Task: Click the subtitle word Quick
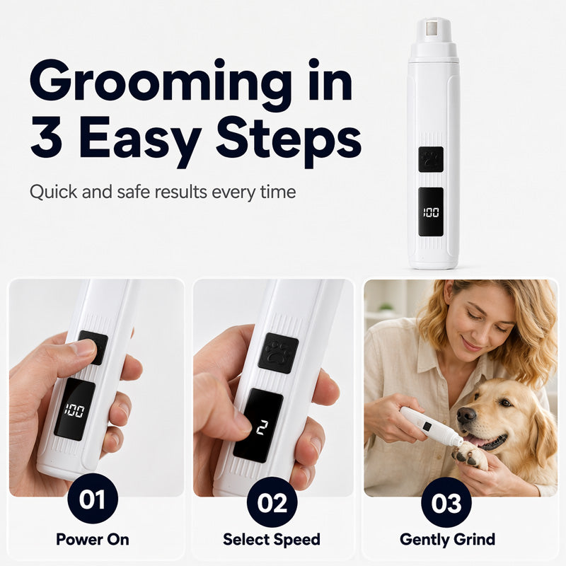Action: coord(54,192)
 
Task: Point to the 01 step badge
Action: coord(93,499)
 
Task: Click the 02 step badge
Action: coord(272,502)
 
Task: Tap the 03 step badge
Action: coord(446,502)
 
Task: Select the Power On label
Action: coord(93,540)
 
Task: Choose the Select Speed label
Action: coord(272,540)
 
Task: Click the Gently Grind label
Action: coord(447,540)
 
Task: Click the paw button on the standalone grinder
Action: coord(431,159)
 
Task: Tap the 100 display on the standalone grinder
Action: coord(431,212)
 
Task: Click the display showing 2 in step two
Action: coord(258,425)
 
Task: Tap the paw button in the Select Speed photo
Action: coord(278,353)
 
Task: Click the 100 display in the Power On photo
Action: coord(74,410)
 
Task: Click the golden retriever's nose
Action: coord(466,415)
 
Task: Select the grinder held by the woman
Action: coord(431,427)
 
